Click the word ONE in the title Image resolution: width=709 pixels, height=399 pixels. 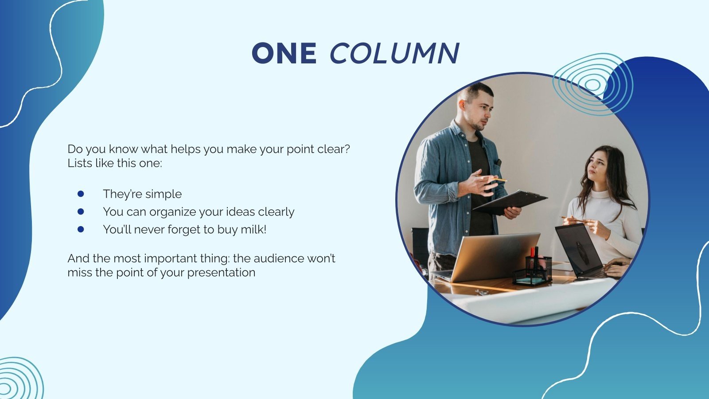(284, 53)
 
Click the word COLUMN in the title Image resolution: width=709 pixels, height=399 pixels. (394, 53)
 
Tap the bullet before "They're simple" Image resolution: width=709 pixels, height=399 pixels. (81, 194)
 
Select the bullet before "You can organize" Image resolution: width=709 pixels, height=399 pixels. (81, 211)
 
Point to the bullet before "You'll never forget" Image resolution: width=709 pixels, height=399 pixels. (81, 229)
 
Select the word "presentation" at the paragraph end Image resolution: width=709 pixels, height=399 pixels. (221, 272)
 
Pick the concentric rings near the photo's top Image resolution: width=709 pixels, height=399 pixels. (592, 84)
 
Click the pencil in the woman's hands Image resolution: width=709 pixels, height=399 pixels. (574, 219)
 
